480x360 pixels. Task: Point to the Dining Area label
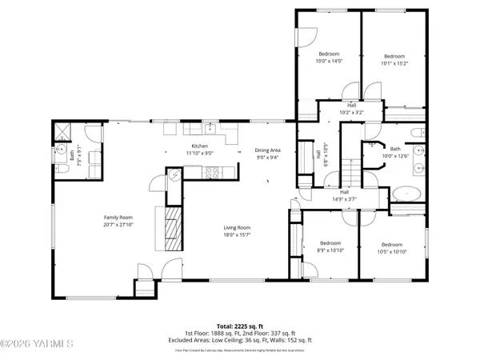(x=268, y=154)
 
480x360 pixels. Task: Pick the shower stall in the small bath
(x=63, y=133)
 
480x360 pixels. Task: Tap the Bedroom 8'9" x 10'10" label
(x=330, y=246)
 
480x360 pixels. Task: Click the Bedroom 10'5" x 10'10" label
(x=391, y=248)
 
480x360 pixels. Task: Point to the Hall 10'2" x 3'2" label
(x=352, y=109)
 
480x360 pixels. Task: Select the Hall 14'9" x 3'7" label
(x=344, y=195)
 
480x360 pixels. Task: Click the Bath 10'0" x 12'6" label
(x=394, y=151)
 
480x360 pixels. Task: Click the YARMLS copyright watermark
(x=36, y=345)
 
